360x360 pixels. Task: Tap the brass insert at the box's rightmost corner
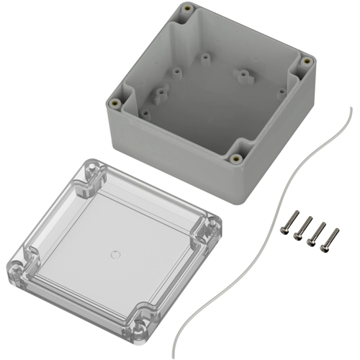tap(307, 62)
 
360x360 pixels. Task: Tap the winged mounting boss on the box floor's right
tap(243, 75)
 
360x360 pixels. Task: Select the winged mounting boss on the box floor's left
tap(160, 92)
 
